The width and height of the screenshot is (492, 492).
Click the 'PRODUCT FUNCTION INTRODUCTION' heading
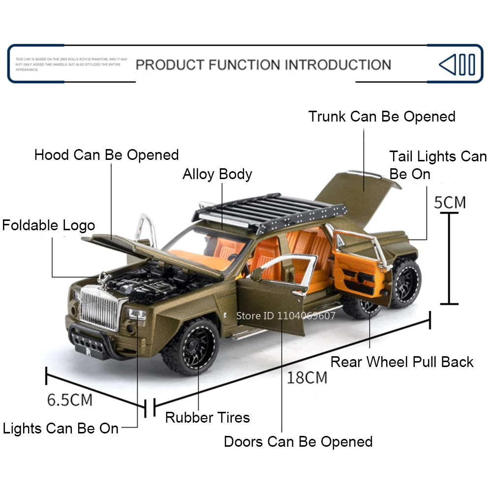click(263, 64)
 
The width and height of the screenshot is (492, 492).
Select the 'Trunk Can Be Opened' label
click(382, 117)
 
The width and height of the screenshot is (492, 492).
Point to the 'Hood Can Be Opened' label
click(106, 155)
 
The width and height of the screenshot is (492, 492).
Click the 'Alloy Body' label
click(217, 174)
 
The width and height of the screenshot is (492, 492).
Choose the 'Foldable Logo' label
click(48, 226)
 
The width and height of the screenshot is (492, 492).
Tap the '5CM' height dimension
click(450, 202)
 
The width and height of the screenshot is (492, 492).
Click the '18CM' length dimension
click(307, 377)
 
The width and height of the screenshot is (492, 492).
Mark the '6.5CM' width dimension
click(69, 400)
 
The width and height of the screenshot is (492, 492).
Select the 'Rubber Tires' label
click(207, 418)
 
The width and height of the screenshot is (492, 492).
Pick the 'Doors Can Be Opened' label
click(298, 441)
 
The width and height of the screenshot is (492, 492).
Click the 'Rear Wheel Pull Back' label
click(401, 362)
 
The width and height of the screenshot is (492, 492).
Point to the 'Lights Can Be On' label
click(61, 429)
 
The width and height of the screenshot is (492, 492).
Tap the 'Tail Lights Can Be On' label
click(437, 165)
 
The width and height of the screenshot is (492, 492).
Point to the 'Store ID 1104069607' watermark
click(286, 316)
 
